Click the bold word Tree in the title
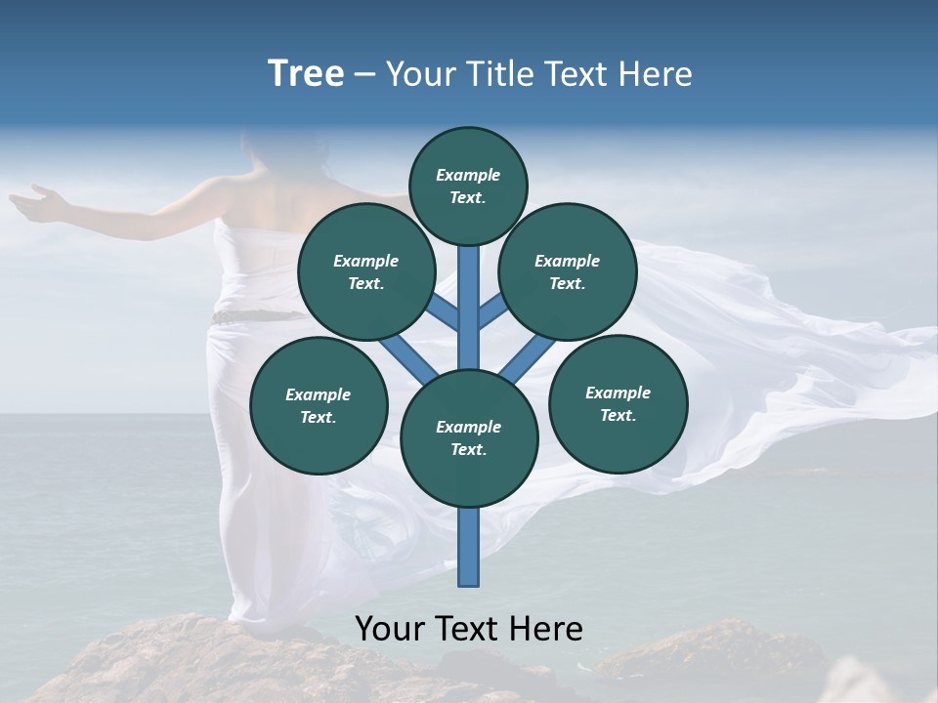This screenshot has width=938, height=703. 306,74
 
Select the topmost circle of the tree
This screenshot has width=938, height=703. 468,186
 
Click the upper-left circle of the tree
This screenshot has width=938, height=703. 365,271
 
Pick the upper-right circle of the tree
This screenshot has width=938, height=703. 567,271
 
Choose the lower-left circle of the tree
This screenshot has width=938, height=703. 319,405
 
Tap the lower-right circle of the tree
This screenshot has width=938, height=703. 618,402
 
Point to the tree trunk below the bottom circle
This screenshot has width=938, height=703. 469,547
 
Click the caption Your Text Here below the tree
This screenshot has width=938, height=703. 469,629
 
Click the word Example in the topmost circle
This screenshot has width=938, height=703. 468,176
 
